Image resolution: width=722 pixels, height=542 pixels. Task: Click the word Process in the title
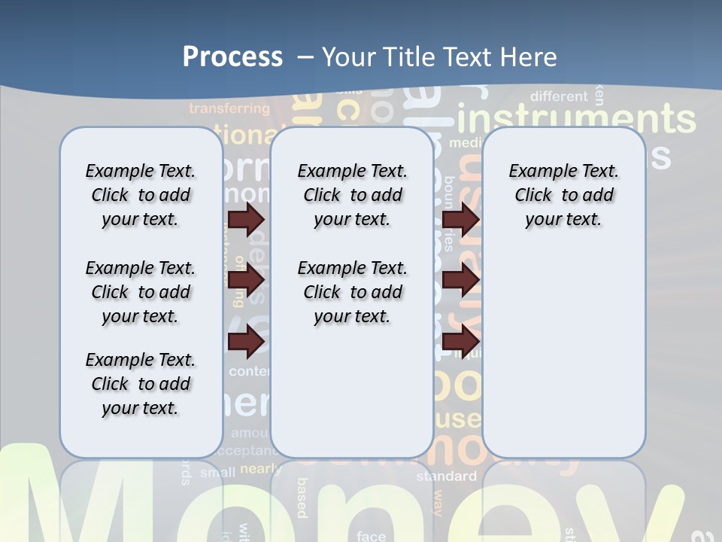(x=232, y=57)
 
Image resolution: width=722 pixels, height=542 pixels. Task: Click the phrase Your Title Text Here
(x=439, y=57)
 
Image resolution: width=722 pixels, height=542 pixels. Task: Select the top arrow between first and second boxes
(x=246, y=220)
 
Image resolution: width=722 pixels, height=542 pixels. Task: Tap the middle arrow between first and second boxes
(x=246, y=280)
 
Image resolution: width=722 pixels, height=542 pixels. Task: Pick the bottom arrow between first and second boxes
(x=246, y=341)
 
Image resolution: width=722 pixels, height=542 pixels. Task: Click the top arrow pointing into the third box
(x=460, y=220)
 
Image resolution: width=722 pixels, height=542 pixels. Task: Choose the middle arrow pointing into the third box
(x=460, y=280)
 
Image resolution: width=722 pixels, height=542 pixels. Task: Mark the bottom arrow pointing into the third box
(x=460, y=341)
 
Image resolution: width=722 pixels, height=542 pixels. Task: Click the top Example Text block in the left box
(x=141, y=195)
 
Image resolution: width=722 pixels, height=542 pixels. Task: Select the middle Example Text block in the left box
(x=141, y=292)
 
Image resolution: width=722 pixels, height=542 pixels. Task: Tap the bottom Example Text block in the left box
(x=141, y=384)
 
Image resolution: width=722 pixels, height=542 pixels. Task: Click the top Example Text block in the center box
(x=352, y=195)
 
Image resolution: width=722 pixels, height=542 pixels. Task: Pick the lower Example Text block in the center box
(x=352, y=292)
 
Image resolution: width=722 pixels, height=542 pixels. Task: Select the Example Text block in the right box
(x=563, y=195)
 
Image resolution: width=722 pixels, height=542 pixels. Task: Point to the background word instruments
(x=576, y=120)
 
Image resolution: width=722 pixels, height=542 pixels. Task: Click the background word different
(x=559, y=96)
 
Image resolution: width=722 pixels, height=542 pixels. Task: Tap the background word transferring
(x=229, y=108)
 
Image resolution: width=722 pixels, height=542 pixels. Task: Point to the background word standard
(x=447, y=477)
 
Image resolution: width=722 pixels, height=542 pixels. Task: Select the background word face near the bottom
(x=371, y=536)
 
